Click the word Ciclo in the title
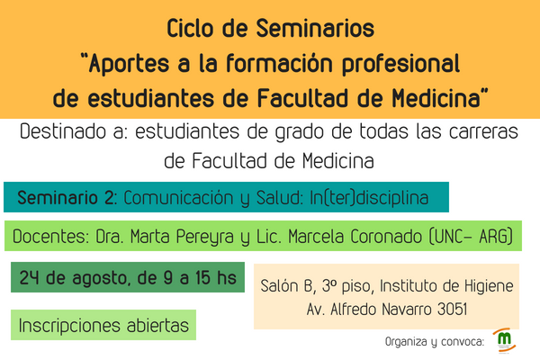190,28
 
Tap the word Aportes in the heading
129,64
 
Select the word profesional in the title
400,64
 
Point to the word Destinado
63,131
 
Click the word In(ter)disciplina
369,198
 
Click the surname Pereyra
205,237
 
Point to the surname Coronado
386,237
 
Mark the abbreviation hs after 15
227,277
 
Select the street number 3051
452,309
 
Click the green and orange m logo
505,340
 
